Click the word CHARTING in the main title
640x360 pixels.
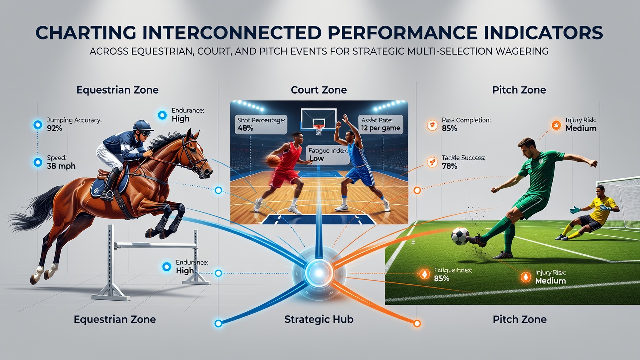pyautogui.click(x=86, y=32)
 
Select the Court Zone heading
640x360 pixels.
pyautogui.click(x=319, y=90)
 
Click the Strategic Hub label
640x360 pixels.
pyautogui.click(x=319, y=319)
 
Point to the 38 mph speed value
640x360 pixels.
pyautogui.click(x=61, y=166)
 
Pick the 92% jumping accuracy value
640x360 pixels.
pyautogui.click(x=54, y=128)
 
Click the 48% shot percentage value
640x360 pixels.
pyautogui.click(x=245, y=128)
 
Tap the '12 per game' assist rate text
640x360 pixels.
pyautogui.click(x=381, y=128)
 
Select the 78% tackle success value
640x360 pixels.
pyautogui.click(x=449, y=166)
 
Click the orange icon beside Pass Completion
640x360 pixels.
pyautogui.click(x=432, y=125)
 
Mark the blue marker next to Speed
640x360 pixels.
pyautogui.click(x=38, y=162)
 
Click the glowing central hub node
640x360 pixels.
pyautogui.click(x=319, y=273)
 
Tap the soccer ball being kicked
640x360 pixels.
pyautogui.click(x=460, y=236)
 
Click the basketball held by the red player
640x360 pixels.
pyautogui.click(x=273, y=161)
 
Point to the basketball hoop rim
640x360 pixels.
pyautogui.click(x=319, y=126)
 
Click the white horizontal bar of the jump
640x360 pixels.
pyautogui.click(x=156, y=245)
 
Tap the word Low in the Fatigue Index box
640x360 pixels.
pyautogui.click(x=317, y=158)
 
